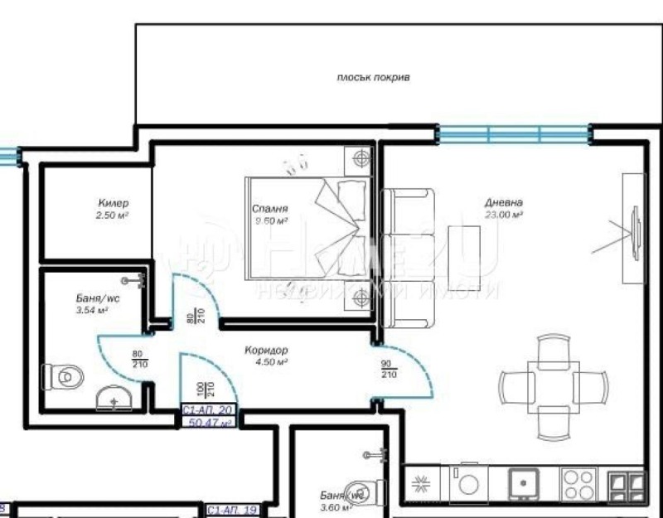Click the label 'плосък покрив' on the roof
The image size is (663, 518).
[x=373, y=77]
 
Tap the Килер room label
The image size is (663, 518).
[x=113, y=203]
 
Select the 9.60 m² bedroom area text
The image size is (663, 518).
[x=270, y=221]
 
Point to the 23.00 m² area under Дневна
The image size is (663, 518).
[x=503, y=215]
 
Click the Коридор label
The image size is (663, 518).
[x=266, y=351]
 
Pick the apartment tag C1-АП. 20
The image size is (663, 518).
[x=209, y=410]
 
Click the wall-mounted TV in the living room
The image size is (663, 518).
[x=636, y=226]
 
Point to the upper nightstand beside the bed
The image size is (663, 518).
[x=361, y=157]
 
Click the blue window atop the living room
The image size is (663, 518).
[x=514, y=133]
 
